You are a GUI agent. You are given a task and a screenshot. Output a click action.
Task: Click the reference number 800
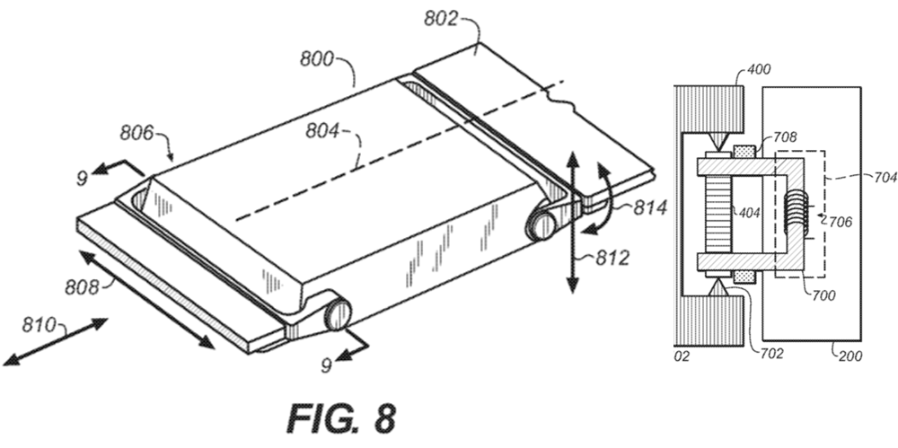coord(316,61)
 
